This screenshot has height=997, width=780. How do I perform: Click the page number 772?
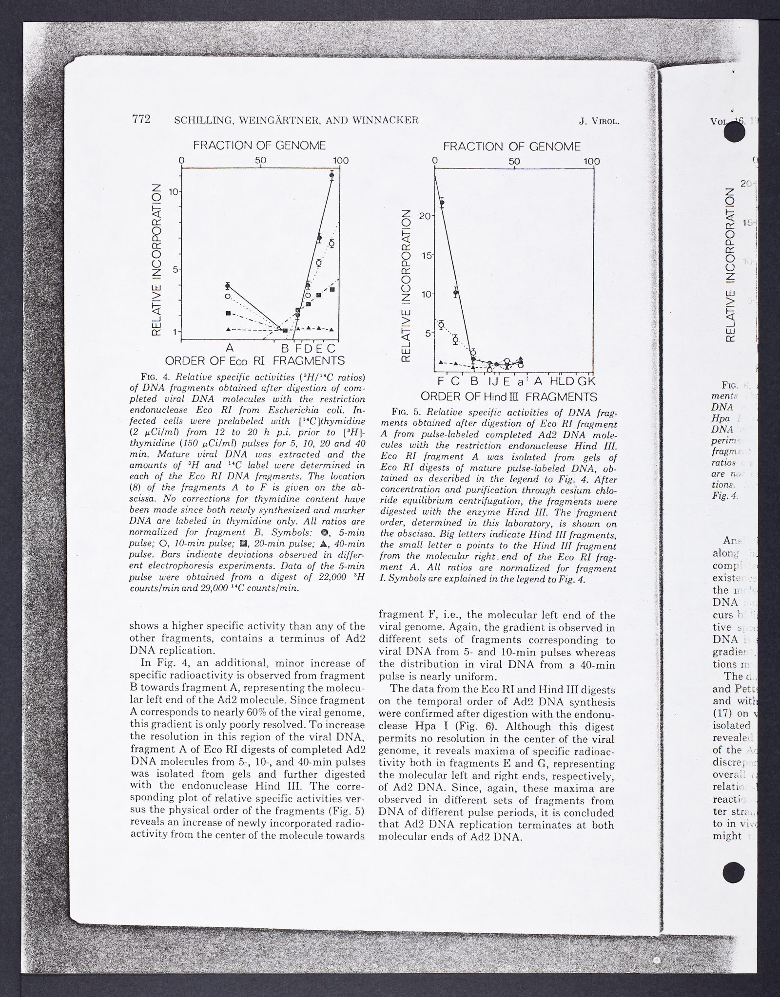140,119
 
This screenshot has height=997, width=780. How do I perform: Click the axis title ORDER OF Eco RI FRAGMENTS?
254,361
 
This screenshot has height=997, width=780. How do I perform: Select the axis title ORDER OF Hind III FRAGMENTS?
508,396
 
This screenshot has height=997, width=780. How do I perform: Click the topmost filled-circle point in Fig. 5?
442,203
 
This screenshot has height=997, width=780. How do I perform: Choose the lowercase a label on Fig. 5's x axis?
521,382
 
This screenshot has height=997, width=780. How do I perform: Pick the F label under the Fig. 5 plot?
441,381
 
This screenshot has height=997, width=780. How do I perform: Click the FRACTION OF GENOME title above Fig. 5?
512,147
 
